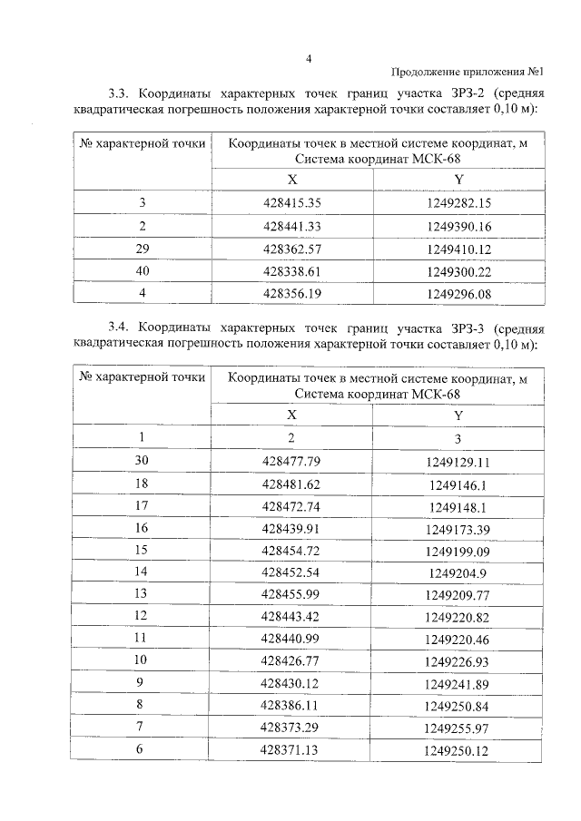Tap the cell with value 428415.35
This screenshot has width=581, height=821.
tap(291, 202)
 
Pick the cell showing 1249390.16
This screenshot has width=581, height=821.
tap(458, 226)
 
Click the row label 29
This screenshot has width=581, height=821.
tap(143, 248)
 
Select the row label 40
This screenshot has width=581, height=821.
tap(143, 270)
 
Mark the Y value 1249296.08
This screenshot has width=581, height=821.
tap(458, 294)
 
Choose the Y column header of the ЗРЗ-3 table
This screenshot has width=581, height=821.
tap(458, 415)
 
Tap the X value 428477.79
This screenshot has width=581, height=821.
tap(291, 461)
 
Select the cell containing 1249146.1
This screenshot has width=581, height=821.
tap(458, 484)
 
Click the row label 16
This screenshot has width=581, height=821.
tap(141, 527)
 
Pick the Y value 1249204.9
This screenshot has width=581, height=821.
tap(458, 572)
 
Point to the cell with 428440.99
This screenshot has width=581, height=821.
tap(291, 640)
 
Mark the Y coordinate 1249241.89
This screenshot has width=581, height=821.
tap(458, 684)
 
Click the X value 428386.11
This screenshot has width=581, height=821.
tap(291, 705)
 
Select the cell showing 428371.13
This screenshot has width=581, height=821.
tap(291, 750)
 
